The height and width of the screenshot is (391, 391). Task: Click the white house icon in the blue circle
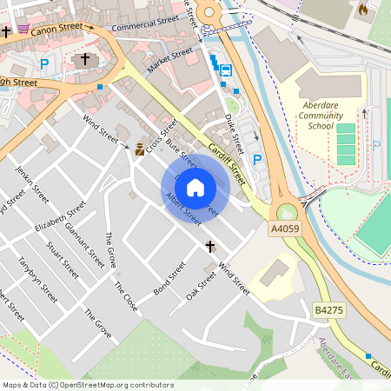tap(195, 187)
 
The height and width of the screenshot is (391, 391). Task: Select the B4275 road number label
tap(328, 308)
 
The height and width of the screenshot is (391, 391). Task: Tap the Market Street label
tap(169, 62)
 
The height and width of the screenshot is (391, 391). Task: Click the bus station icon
tap(225, 70)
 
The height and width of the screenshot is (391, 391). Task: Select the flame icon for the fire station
tap(361, 8)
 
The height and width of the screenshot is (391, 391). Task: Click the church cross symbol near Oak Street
tap(209, 248)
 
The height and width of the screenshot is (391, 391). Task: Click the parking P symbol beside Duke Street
tap(257, 159)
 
